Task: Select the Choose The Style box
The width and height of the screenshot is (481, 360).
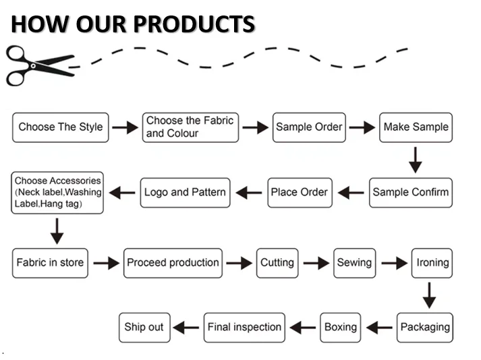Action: click(x=61, y=127)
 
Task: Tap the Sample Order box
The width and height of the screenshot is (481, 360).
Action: click(x=309, y=127)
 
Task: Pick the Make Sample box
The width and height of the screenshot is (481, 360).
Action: click(x=416, y=127)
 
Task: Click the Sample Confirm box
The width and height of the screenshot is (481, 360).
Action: click(x=410, y=192)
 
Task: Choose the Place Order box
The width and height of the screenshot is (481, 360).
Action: click(x=299, y=192)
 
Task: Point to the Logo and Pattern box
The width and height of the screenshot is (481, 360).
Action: click(x=185, y=192)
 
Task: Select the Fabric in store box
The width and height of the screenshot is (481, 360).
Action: click(x=51, y=262)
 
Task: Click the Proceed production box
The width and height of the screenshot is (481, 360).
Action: click(x=173, y=262)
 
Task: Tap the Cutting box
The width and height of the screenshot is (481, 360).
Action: click(x=277, y=262)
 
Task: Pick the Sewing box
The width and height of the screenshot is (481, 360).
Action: click(x=354, y=262)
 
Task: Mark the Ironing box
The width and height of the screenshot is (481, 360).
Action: click(x=432, y=262)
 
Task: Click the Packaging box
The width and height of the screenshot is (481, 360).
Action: click(x=425, y=327)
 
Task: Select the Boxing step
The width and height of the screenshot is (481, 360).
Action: click(x=341, y=327)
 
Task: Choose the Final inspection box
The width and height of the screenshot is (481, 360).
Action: click(x=244, y=327)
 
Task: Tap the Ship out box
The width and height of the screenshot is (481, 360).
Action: click(x=144, y=327)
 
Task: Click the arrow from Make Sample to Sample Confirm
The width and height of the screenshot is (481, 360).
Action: click(x=416, y=160)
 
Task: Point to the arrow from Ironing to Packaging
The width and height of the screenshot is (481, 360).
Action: click(x=429, y=295)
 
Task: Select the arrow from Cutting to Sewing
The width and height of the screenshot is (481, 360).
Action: click(x=316, y=263)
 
